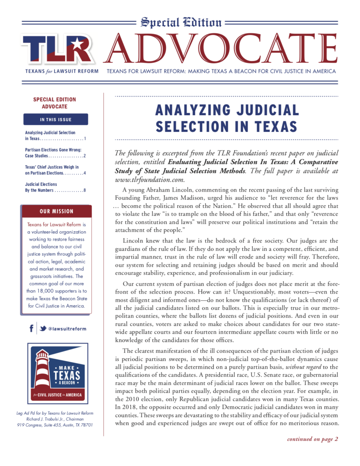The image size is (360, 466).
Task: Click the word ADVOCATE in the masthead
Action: click(222, 49)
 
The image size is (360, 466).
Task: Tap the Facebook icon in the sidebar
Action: click(31, 328)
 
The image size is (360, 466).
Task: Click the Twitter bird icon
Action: click(42, 329)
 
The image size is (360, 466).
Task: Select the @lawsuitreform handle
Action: click(67, 329)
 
